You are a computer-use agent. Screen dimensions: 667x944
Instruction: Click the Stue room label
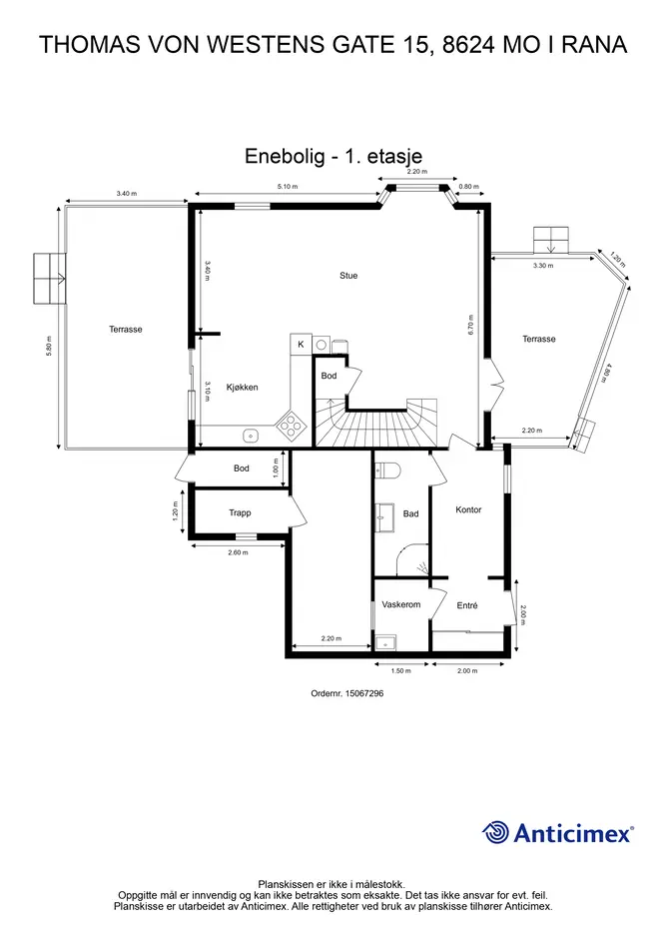pos(348,276)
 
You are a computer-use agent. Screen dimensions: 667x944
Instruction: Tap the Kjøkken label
pos(242,388)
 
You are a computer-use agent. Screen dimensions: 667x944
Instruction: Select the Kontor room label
pos(468,509)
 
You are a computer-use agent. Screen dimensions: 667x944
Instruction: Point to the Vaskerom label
pos(401,604)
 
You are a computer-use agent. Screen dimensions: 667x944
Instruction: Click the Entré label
pos(467,605)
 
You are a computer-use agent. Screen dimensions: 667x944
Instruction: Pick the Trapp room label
pos(240,512)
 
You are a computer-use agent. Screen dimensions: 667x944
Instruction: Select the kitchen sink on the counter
pos(251,435)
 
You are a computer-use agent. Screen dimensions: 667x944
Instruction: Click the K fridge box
pos(301,345)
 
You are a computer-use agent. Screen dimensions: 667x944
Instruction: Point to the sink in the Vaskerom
pos(383,643)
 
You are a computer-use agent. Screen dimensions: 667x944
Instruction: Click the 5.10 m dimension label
pos(288,187)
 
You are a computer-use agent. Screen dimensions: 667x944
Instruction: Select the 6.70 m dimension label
pos(471,325)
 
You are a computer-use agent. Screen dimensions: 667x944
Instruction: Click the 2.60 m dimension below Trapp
pos(238,552)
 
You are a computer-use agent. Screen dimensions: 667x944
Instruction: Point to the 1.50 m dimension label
pos(401,670)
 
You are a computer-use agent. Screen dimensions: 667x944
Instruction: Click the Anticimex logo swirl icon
pos(495,833)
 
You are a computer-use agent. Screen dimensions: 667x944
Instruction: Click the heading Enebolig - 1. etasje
pos(333,156)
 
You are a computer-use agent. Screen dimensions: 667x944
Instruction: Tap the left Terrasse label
pos(126,330)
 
